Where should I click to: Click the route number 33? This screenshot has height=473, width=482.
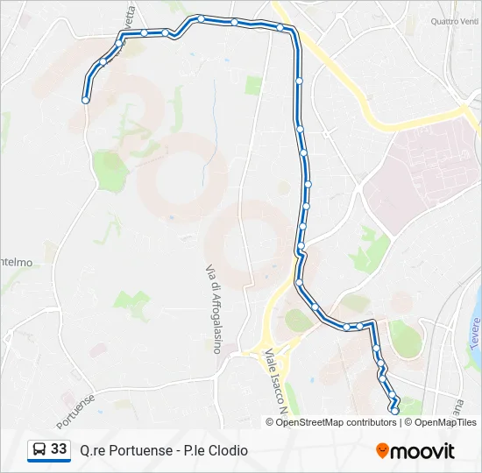[x=59, y=449]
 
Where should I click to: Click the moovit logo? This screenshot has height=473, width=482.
[x=415, y=451]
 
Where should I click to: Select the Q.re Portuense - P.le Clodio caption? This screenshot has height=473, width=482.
[x=164, y=450]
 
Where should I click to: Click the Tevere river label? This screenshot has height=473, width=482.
[x=474, y=334]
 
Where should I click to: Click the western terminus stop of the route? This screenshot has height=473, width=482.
[x=85, y=101]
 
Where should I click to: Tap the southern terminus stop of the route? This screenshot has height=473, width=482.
[x=394, y=410]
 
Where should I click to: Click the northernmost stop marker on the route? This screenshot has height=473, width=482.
[x=201, y=18]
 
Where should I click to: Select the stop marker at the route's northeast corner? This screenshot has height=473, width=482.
[x=280, y=28]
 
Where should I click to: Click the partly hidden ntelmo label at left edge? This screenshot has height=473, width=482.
[x=18, y=261]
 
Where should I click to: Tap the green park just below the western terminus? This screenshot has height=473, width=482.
[x=110, y=166]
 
